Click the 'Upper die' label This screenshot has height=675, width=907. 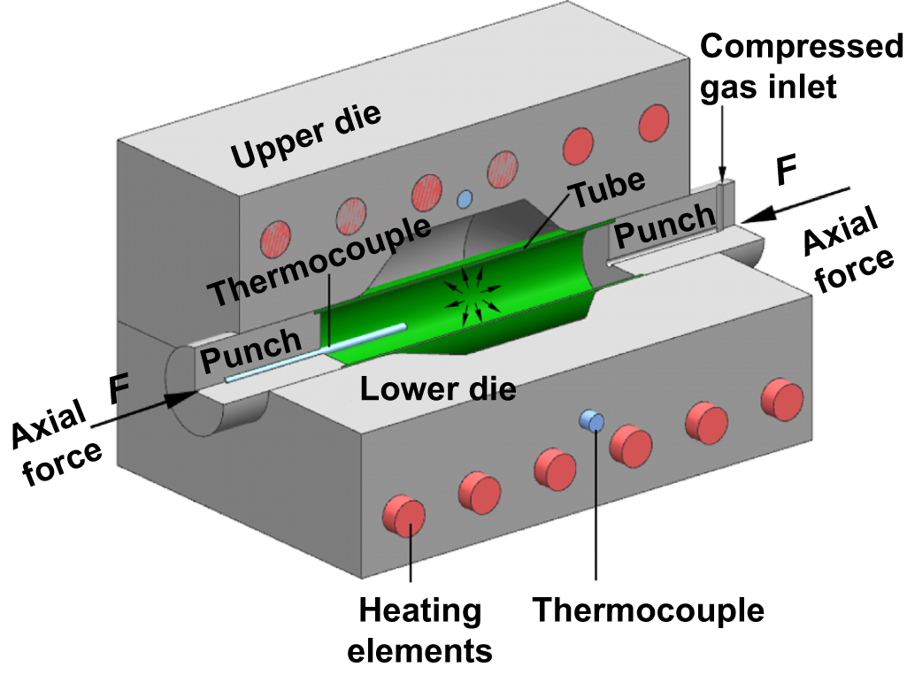305,136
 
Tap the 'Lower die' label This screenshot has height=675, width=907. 438,387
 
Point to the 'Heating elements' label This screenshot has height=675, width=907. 419,631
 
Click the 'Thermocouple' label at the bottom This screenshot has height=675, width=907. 649,610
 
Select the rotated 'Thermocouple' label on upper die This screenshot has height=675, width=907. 319,259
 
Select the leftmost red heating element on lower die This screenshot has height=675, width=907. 404,516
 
